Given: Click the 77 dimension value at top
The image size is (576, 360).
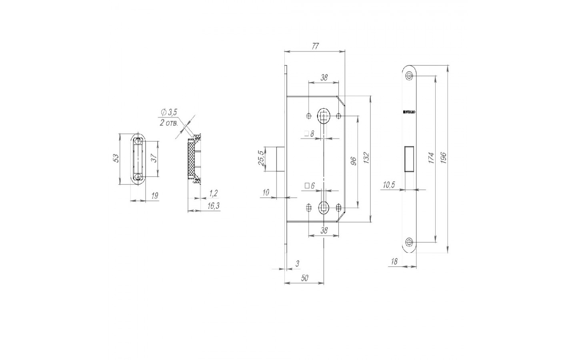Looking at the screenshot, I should (315, 46).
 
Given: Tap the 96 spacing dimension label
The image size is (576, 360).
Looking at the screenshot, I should (353, 161).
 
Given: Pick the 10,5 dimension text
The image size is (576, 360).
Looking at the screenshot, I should (389, 185).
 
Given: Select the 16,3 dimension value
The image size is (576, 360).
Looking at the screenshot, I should (213, 206).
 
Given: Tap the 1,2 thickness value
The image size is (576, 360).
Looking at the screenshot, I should (213, 194).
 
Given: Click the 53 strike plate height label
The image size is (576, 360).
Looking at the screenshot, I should (116, 158).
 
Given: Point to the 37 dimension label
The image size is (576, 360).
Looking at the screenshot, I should (153, 158).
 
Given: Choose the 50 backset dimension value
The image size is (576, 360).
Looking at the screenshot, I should (304, 278).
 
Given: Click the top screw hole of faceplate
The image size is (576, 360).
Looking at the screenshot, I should (409, 76).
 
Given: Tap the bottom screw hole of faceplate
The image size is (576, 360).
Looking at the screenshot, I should (409, 242).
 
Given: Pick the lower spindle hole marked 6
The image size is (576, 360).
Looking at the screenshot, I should (323, 207).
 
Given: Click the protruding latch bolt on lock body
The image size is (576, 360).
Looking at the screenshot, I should (280, 159).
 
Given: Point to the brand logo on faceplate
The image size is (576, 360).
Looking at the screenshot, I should (409, 112).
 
